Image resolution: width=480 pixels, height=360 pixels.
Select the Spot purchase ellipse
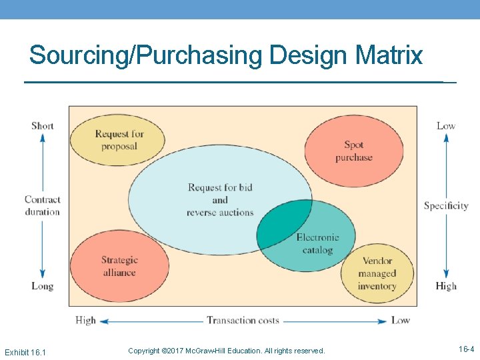(354, 151)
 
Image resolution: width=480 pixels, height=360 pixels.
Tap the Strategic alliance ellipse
(119, 266)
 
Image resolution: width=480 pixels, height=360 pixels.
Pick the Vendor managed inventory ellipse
(377, 273)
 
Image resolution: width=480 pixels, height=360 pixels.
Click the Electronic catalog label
(317, 243)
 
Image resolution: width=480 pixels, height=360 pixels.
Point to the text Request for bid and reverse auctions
(220, 199)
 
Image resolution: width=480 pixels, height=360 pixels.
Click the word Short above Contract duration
(43, 126)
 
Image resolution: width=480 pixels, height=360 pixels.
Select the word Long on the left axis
(42, 286)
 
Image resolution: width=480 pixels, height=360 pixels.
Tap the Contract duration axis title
(42, 205)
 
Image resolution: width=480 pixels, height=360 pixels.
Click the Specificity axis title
(446, 205)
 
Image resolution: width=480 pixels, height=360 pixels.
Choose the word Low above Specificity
(446, 126)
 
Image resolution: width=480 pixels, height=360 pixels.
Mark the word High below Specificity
(446, 286)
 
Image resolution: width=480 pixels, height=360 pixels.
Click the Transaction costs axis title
(243, 321)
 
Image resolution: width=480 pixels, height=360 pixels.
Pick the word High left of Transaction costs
(86, 321)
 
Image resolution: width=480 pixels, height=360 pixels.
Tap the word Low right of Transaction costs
(400, 321)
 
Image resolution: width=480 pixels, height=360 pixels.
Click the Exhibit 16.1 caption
(25, 351)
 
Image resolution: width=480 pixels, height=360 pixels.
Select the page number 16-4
(466, 349)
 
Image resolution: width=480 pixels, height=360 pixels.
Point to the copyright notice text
(226, 351)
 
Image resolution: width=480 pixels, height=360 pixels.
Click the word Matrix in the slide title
(391, 55)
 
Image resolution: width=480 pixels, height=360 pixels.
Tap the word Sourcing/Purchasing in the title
(147, 55)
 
